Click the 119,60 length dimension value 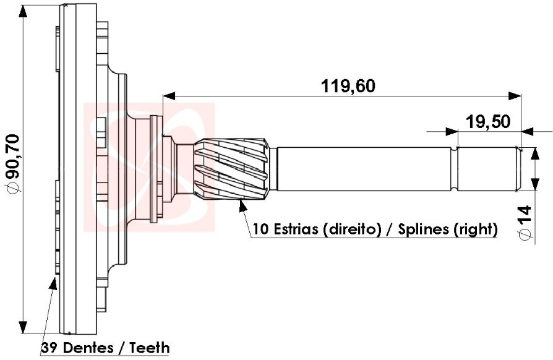pos(348,87)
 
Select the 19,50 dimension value pos(488,122)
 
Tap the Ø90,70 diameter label pos(13,163)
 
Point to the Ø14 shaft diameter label pos(526,223)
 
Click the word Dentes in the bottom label pos(88,348)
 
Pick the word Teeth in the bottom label pos(149,348)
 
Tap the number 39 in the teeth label pos(49,348)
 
